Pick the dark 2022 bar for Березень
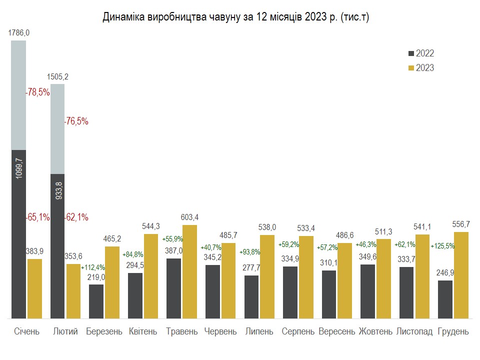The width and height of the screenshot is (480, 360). [96, 301]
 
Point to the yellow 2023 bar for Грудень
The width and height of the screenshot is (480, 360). [461, 275]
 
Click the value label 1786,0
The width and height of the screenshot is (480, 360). [19, 33]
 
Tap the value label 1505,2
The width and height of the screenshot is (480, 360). [57, 77]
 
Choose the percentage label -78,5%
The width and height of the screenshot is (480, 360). [37, 92]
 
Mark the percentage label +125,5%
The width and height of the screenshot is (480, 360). [442, 246]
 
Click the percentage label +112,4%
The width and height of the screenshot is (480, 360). [92, 267]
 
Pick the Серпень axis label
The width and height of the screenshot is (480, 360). [298, 331]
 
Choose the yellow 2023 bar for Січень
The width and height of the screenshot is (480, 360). [34, 288]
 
